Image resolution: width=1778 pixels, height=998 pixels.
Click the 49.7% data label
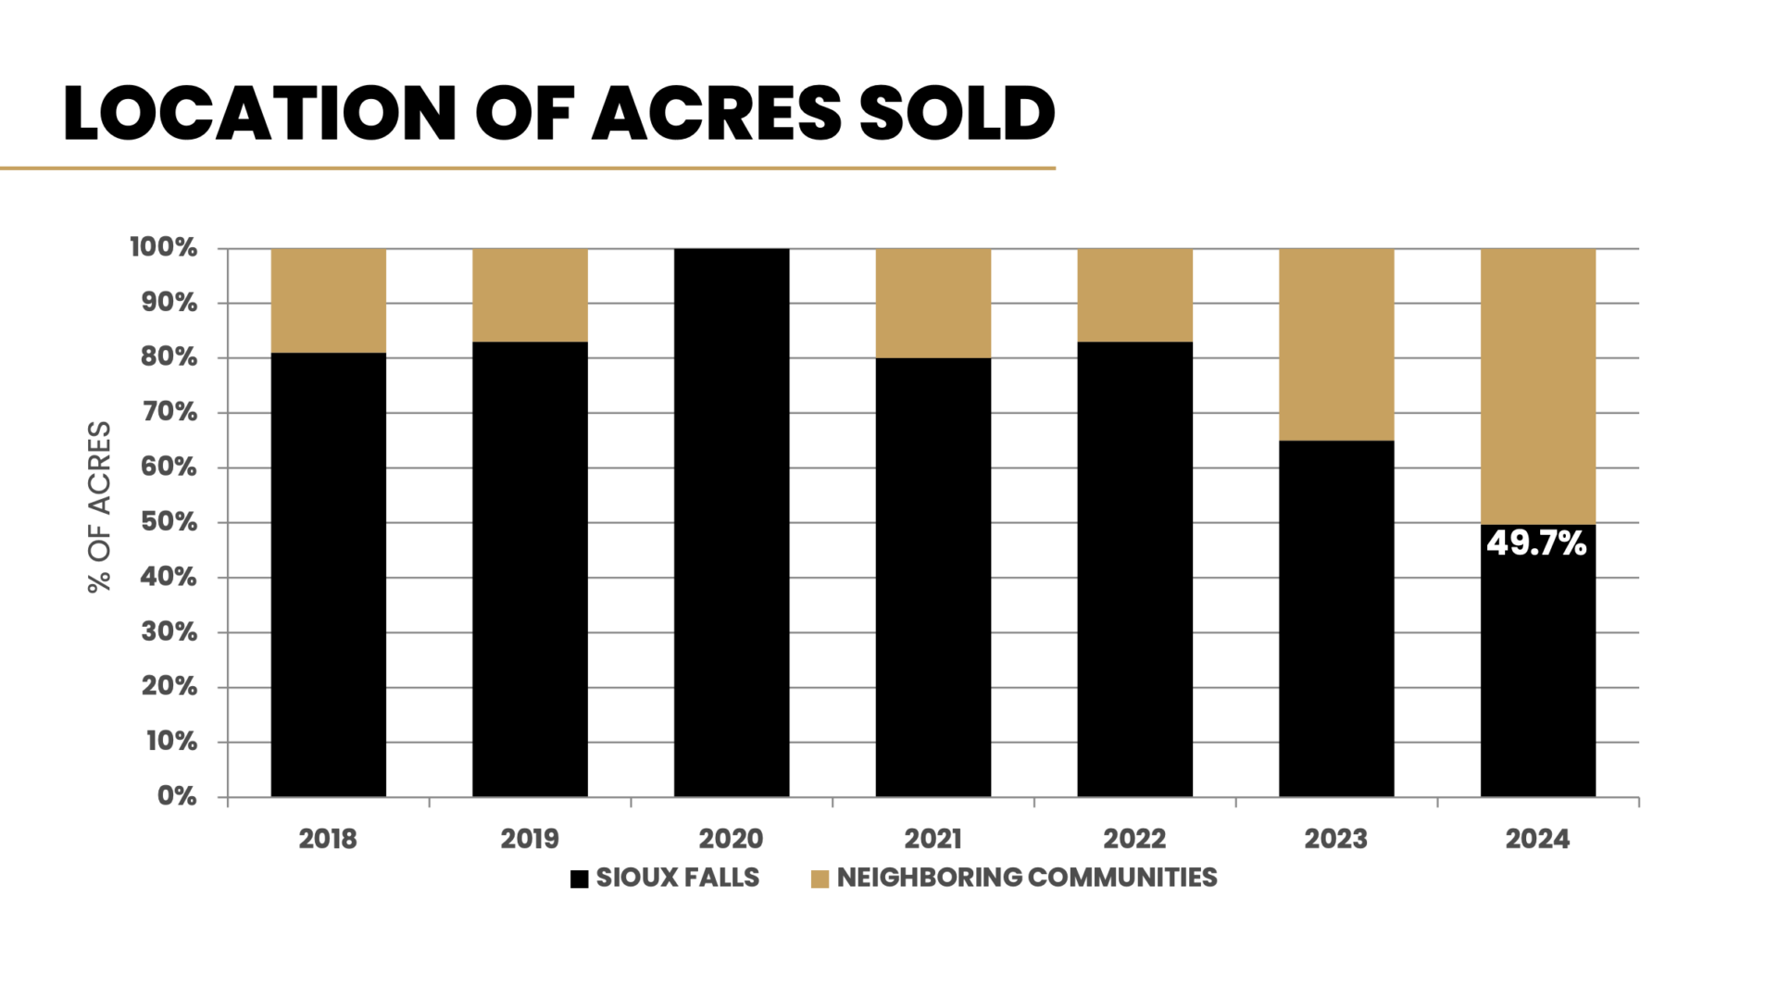[1536, 543]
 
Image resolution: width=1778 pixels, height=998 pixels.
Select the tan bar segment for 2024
[1537, 386]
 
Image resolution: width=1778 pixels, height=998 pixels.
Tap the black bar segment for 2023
[1336, 618]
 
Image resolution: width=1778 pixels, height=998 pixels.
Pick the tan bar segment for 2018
[328, 300]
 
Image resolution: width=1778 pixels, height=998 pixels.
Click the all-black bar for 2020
[732, 522]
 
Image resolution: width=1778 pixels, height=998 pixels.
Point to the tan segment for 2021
[933, 303]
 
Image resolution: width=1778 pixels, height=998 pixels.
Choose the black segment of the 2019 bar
[530, 568]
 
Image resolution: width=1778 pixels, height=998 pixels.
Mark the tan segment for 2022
[1134, 295]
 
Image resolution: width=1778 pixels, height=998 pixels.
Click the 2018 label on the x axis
[328, 839]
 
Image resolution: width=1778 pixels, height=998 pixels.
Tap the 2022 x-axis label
[1134, 839]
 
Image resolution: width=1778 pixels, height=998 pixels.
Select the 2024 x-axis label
[1537, 839]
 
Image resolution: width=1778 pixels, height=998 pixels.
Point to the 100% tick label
[164, 247]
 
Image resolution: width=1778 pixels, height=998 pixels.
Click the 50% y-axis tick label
[169, 522]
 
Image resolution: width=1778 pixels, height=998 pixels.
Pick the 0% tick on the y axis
[177, 796]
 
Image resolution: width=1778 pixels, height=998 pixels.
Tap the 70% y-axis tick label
[169, 412]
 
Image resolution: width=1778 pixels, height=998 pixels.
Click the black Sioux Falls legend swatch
[580, 879]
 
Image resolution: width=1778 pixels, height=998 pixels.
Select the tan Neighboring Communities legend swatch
[820, 879]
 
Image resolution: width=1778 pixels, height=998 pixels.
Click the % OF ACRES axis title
[99, 506]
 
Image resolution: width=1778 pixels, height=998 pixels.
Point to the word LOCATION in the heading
[260, 114]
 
